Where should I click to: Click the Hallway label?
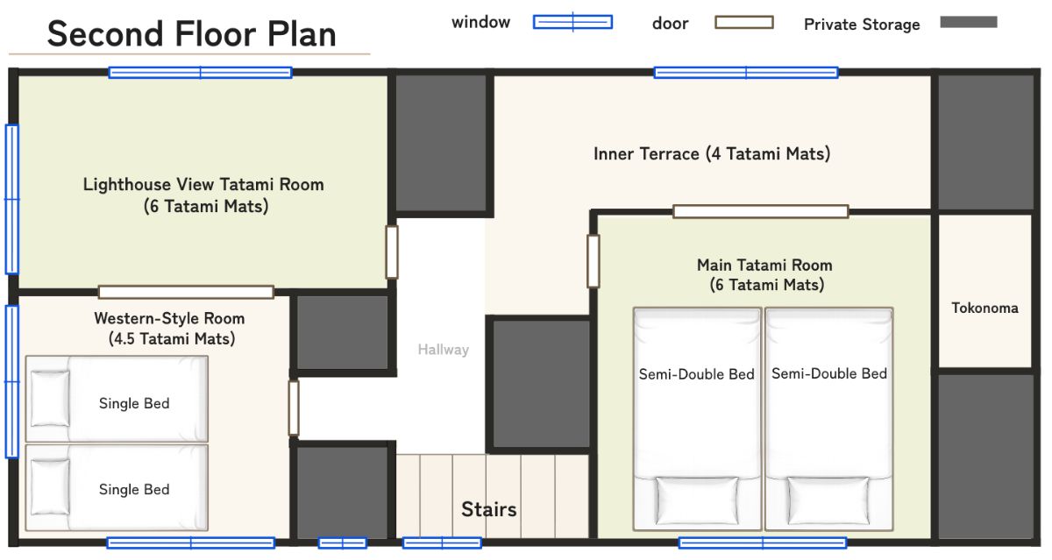coord(444,350)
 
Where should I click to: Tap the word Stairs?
coord(489,509)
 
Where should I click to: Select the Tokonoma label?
coord(984,308)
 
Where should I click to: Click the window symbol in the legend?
coord(572,22)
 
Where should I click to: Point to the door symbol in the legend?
coord(744,22)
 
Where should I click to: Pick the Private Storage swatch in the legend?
coord(969,22)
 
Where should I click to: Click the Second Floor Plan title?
coord(192,34)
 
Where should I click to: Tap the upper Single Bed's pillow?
coord(50,399)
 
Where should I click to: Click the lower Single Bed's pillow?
coord(50,487)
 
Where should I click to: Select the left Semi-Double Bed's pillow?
coord(697,500)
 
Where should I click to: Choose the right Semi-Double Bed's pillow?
coord(828,500)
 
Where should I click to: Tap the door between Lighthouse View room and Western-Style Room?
coord(186,292)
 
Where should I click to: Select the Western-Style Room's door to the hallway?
coord(294,408)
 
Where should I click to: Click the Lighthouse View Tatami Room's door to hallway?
coord(392,252)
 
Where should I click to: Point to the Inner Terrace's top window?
coord(746,73)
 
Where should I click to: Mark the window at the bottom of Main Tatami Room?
coord(763,543)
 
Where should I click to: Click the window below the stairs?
coord(442,543)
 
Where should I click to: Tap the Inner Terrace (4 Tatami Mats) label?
coord(712,154)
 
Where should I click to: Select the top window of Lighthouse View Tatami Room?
coord(201,73)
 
